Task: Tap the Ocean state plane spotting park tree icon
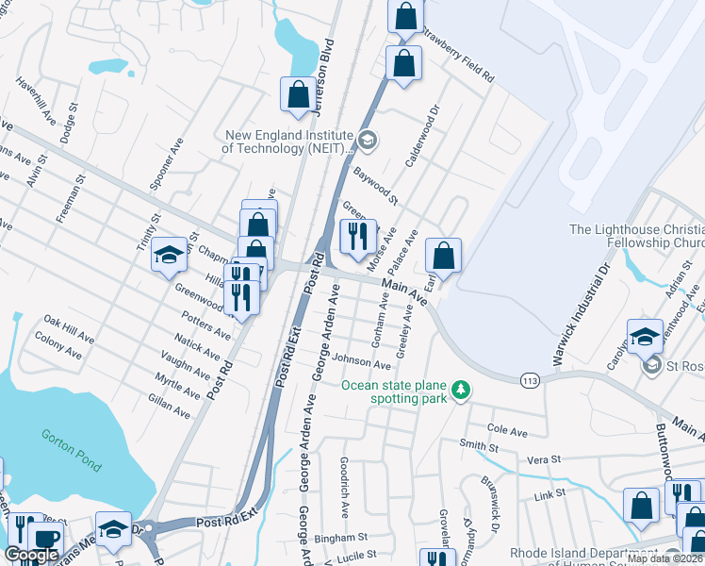(461, 390)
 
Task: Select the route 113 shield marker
(530, 378)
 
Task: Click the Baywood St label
(376, 186)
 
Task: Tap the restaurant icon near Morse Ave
(357, 236)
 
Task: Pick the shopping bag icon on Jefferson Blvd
(298, 94)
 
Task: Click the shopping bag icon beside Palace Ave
(442, 255)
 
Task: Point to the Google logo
(31, 556)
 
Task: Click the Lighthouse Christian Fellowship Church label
(636, 237)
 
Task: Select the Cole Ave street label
(507, 430)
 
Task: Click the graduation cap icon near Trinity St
(169, 255)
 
